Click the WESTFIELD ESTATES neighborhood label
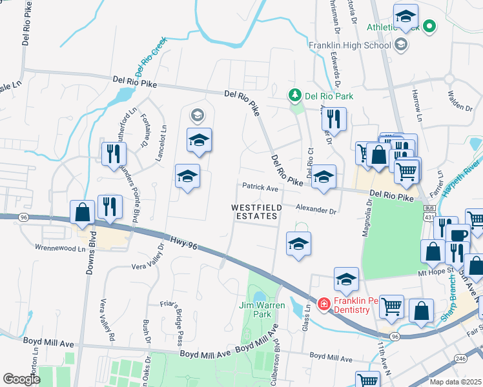(255, 212)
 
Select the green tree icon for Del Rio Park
(295, 96)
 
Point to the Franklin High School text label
(349, 45)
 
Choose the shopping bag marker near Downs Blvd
(83, 212)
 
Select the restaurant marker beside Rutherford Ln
(111, 153)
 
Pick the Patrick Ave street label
(260, 188)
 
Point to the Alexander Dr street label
(316, 210)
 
